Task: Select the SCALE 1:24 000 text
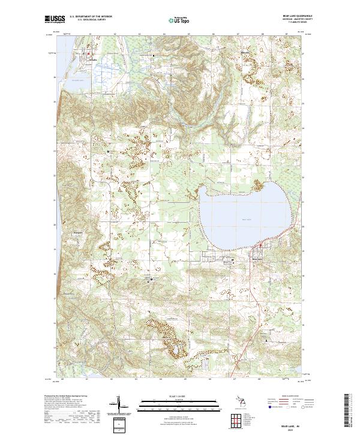click(173, 397)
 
